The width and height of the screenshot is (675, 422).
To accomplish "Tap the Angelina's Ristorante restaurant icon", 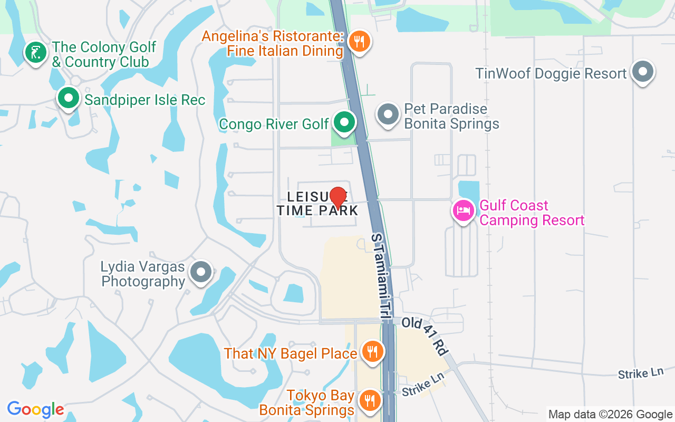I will [x=359, y=41].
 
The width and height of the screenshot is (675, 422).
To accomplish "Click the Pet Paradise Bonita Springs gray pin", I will [x=389, y=114].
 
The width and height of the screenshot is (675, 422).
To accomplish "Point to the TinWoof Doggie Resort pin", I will [x=642, y=72].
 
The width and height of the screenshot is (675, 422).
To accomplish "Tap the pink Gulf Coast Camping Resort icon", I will [x=464, y=210].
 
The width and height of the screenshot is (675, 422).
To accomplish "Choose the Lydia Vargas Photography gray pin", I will [x=200, y=272].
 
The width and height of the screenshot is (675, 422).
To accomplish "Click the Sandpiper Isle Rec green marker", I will [x=68, y=98].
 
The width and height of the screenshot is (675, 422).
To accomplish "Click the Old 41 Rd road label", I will [x=425, y=335].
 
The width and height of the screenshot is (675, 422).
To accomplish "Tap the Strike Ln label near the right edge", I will [x=640, y=373].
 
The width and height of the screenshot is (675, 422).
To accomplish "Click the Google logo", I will [x=35, y=409].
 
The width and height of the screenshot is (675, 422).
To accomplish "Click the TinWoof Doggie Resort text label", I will [x=551, y=73].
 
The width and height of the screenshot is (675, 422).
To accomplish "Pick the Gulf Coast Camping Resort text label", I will [x=532, y=213].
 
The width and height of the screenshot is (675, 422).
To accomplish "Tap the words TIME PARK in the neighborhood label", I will [x=317, y=210].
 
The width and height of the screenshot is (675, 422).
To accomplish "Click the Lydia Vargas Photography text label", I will [x=143, y=274].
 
